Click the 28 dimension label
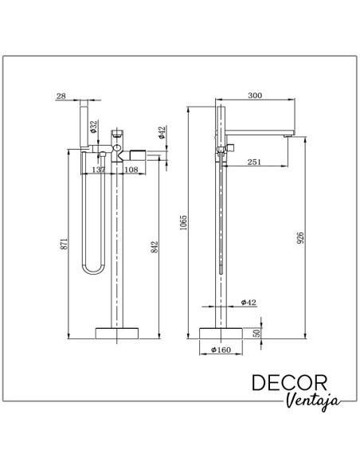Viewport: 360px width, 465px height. tap(61, 96)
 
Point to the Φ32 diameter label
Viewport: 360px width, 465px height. tap(94, 127)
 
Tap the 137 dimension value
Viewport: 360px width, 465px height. tap(99, 170)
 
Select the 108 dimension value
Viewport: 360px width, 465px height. tap(131, 170)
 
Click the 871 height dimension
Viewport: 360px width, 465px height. tap(65, 244)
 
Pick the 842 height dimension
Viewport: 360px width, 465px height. tap(155, 247)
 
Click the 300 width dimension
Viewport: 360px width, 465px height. tap(255, 96)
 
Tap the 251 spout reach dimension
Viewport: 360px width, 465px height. tap(254, 162)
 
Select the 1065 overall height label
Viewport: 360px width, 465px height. tap(183, 222)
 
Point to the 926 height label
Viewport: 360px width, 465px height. tap(300, 238)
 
